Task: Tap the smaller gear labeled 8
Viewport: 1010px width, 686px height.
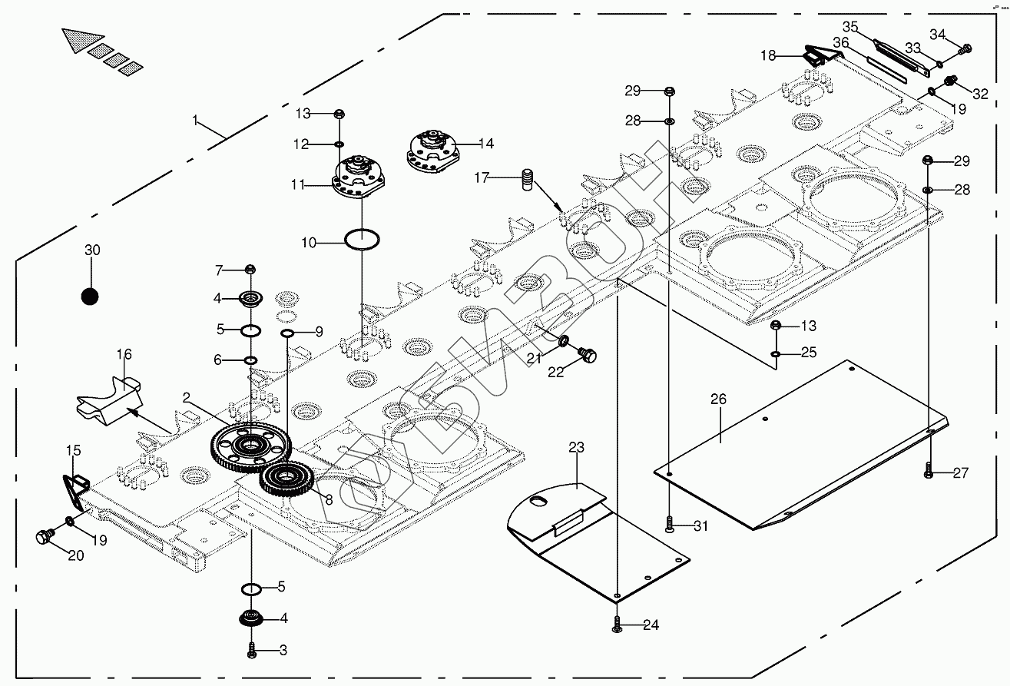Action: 286,480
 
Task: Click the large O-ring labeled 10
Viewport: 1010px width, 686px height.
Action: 361,239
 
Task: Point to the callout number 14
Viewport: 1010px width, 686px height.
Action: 485,143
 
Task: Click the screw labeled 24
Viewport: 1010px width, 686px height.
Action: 617,626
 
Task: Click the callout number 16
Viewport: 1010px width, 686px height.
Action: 124,354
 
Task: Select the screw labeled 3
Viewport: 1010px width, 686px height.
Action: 251,651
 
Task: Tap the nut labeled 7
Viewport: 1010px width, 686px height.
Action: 250,269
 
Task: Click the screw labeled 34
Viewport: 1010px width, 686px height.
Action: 966,48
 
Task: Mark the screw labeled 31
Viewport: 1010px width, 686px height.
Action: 670,525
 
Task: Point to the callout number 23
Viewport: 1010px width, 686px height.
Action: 577,446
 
